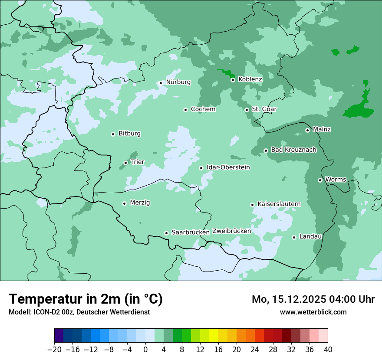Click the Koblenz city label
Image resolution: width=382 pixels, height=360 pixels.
[x=250, y=79]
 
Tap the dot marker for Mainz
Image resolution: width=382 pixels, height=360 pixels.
[x=307, y=130]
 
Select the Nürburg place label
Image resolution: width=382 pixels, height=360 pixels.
[x=178, y=82]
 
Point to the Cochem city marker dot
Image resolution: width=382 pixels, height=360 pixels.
[x=185, y=110]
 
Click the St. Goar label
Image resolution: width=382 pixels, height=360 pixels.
[x=264, y=109]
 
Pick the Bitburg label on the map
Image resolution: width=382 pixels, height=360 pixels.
[x=129, y=134]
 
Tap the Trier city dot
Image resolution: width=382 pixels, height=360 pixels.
[x=125, y=163]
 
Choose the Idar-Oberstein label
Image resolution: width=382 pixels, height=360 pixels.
[x=228, y=167]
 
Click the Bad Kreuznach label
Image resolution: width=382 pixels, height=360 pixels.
[x=293, y=150]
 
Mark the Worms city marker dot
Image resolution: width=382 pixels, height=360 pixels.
[x=320, y=180]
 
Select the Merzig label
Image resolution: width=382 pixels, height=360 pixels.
[x=140, y=203]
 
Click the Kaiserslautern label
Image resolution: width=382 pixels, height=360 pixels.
[x=279, y=204]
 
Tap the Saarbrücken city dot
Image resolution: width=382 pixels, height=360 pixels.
[x=166, y=233]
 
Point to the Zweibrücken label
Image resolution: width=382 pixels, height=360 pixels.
[x=231, y=231]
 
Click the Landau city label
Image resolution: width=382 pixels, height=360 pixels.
[x=310, y=236]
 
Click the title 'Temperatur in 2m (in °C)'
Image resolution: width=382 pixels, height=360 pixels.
[x=86, y=299]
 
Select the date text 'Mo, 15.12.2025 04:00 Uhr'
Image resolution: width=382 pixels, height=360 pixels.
[x=313, y=299]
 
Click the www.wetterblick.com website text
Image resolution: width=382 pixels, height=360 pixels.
[x=313, y=312]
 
